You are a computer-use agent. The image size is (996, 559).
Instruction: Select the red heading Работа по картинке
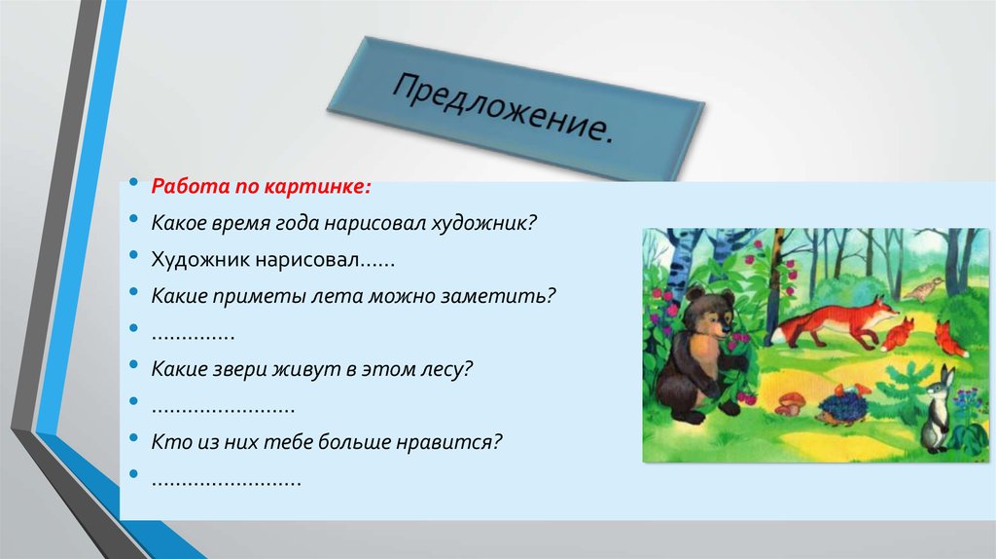point(260,185)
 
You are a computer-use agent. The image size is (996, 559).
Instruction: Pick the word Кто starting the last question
point(169,442)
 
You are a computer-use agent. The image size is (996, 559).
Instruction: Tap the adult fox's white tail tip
point(775,340)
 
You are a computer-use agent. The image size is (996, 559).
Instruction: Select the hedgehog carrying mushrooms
point(841,402)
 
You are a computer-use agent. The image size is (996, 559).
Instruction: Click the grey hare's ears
point(944,375)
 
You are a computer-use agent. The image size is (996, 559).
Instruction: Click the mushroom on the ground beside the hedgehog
point(791,400)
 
